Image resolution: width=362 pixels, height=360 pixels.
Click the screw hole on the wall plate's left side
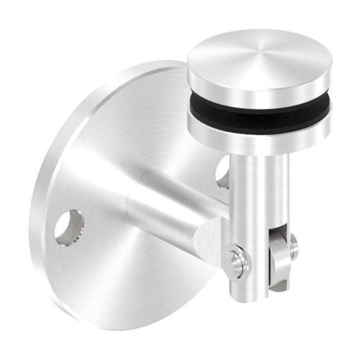(x=69, y=227)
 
